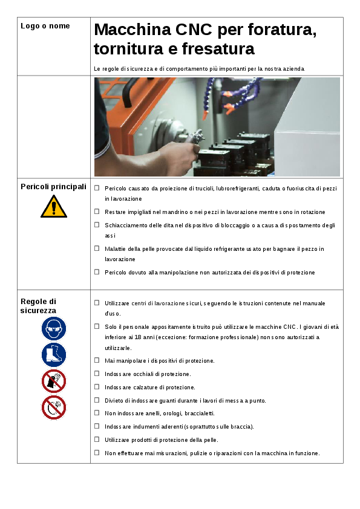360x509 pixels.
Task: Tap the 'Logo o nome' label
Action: (45, 26)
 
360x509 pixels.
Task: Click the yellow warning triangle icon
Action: (54, 207)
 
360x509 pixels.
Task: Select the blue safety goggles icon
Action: (54, 328)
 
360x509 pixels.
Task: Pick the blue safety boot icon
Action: (54, 355)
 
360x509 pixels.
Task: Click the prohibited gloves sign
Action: (54, 381)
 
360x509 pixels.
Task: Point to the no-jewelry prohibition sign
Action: (54, 407)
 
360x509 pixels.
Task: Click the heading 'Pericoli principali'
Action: (54, 187)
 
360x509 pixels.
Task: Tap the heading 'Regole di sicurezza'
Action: (38, 306)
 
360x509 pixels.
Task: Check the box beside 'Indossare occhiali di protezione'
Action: (97, 374)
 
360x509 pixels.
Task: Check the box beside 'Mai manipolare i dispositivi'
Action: (97, 360)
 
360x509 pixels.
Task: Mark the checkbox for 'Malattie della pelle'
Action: (97, 248)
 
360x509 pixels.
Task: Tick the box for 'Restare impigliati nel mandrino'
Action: (97, 212)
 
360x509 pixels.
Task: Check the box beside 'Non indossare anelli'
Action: (97, 413)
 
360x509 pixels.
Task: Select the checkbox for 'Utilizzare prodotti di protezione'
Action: (97, 439)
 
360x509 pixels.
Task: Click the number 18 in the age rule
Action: (138, 337)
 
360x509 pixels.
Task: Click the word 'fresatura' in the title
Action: (218, 49)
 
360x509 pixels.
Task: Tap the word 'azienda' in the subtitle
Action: (293, 69)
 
